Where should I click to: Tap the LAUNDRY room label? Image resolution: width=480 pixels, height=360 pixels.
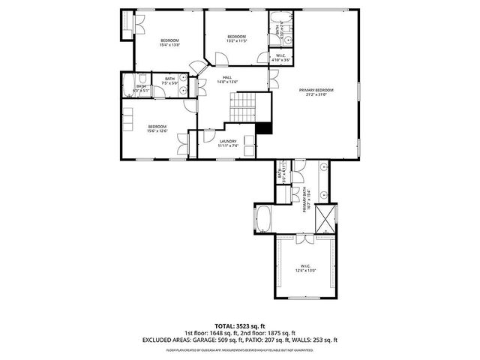click(x=228, y=141)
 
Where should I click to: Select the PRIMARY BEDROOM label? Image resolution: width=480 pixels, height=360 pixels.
click(x=316, y=90)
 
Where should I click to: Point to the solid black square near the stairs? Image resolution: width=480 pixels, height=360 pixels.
click(x=263, y=127)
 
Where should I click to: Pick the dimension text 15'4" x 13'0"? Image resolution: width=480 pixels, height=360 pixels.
click(x=169, y=45)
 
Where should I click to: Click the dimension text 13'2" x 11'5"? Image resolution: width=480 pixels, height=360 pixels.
click(x=237, y=41)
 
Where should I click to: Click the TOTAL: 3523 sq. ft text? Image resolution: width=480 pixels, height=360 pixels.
click(x=240, y=327)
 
